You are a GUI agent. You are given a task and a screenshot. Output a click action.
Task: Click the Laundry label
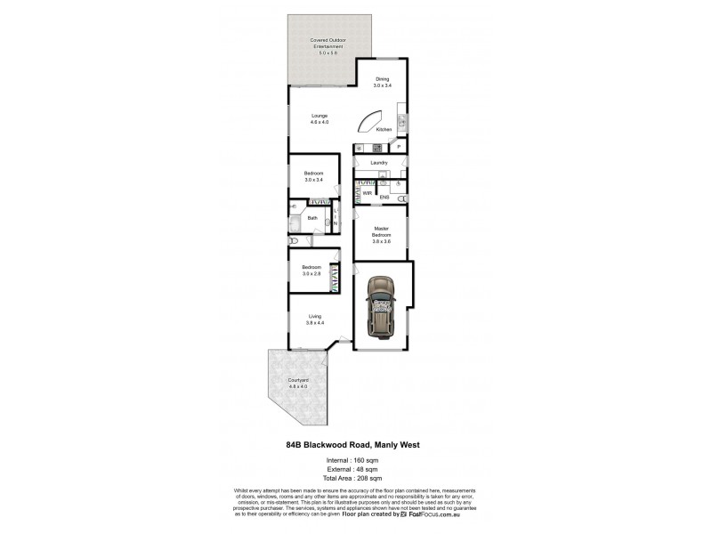pyautogui.click(x=379, y=163)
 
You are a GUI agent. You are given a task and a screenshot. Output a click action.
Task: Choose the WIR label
pyautogui.click(x=367, y=192)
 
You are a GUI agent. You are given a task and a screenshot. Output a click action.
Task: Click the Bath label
pyautogui.click(x=312, y=218)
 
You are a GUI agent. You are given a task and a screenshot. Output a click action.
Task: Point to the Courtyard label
pyautogui.click(x=298, y=383)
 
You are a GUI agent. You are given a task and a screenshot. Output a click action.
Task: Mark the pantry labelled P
pyautogui.click(x=399, y=147)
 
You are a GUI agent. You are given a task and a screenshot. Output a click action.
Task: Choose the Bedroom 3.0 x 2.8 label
pyautogui.click(x=311, y=270)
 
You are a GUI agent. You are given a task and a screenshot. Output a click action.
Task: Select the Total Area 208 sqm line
pyautogui.click(x=354, y=478)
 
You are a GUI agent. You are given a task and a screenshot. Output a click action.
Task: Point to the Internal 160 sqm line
pyautogui.click(x=353, y=460)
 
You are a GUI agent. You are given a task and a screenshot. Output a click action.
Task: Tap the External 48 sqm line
pyautogui.click(x=353, y=469)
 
